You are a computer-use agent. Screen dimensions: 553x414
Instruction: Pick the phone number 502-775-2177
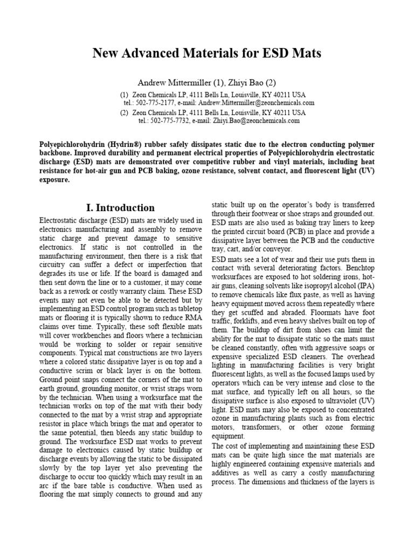coord(157,102)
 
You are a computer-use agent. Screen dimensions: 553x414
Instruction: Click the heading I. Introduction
coord(120,208)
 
